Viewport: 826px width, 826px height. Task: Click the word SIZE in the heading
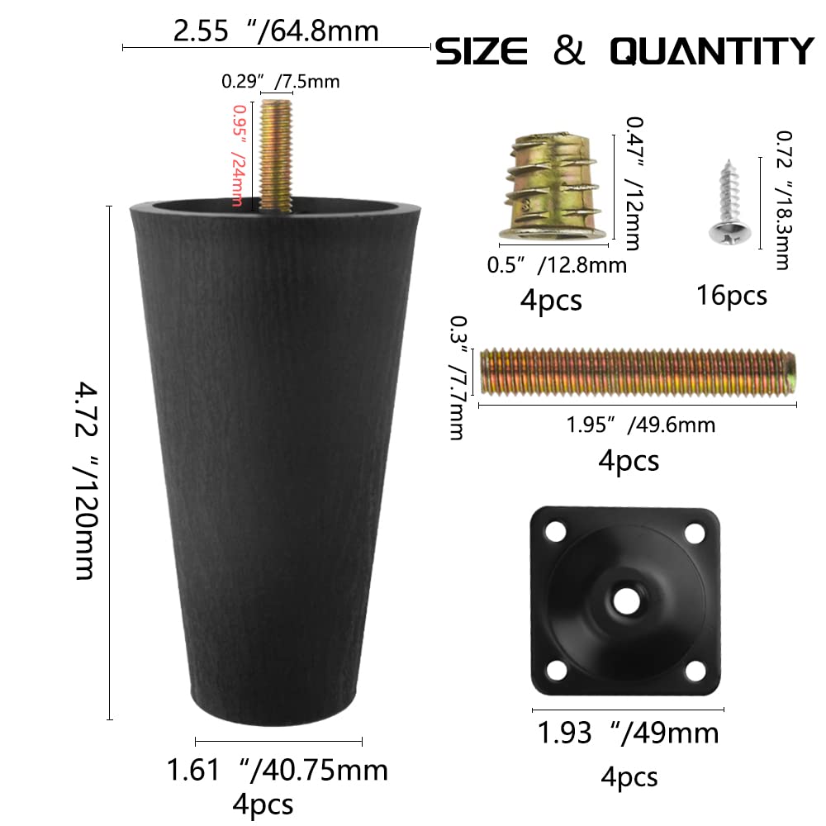pyautogui.click(x=482, y=51)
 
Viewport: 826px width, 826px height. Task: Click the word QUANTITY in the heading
pyautogui.click(x=712, y=51)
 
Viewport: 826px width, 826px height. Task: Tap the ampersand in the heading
pyautogui.click(x=569, y=51)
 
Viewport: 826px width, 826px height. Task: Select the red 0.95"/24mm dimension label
pyautogui.click(x=240, y=155)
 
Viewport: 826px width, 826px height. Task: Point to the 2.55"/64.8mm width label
pyautogui.click(x=276, y=31)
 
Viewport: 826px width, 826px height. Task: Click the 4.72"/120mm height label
pyautogui.click(x=85, y=481)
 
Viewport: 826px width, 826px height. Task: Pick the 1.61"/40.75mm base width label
pyautogui.click(x=277, y=770)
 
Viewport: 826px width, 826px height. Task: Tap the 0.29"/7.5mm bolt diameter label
pyautogui.click(x=280, y=82)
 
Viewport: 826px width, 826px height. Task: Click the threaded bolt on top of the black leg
pyautogui.click(x=276, y=156)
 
